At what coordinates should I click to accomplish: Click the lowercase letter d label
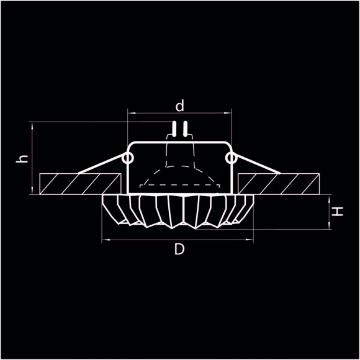pyautogui.click(x=180, y=106)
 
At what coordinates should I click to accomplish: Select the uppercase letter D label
pyautogui.click(x=179, y=250)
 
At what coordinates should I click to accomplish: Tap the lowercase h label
pyautogui.click(x=23, y=158)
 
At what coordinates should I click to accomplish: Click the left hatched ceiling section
pyautogui.click(x=79, y=183)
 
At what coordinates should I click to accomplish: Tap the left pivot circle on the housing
pyautogui.click(x=128, y=159)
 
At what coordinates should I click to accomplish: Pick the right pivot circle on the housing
pyautogui.click(x=231, y=159)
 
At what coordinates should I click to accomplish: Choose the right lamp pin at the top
pyautogui.click(x=184, y=129)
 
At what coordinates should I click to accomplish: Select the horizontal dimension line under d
pyautogui.click(x=180, y=114)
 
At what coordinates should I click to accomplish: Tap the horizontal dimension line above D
pyautogui.click(x=178, y=240)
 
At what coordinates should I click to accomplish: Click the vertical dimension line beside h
pyautogui.click(x=31, y=158)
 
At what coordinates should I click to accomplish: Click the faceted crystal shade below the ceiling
pyautogui.click(x=178, y=211)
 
